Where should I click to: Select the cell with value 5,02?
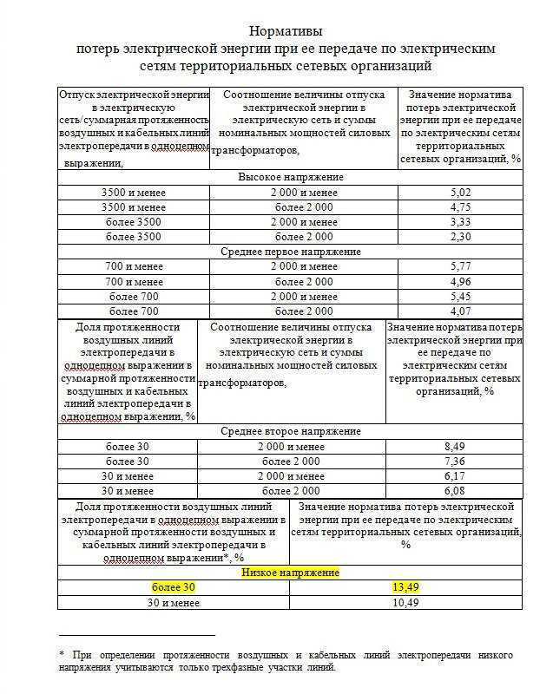click(x=462, y=193)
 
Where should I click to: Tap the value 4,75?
click(x=462, y=207)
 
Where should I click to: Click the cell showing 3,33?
click(x=462, y=222)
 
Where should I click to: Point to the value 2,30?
click(x=462, y=237)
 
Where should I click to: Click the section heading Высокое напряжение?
click(x=290, y=177)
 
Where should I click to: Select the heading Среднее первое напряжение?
click(x=290, y=252)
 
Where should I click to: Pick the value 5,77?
click(x=462, y=267)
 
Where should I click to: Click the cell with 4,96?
click(x=462, y=282)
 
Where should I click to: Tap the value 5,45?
click(x=462, y=297)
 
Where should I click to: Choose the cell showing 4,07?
click(x=462, y=311)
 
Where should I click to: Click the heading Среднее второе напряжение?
click(x=290, y=431)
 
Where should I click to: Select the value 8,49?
click(x=456, y=447)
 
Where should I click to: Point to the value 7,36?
click(x=456, y=462)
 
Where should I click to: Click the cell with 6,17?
click(x=456, y=476)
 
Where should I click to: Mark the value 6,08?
click(x=456, y=491)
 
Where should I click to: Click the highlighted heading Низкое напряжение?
click(x=290, y=573)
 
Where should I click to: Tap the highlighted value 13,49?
click(x=405, y=588)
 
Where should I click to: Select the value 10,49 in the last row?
click(x=405, y=603)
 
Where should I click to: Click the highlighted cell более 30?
click(x=174, y=588)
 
